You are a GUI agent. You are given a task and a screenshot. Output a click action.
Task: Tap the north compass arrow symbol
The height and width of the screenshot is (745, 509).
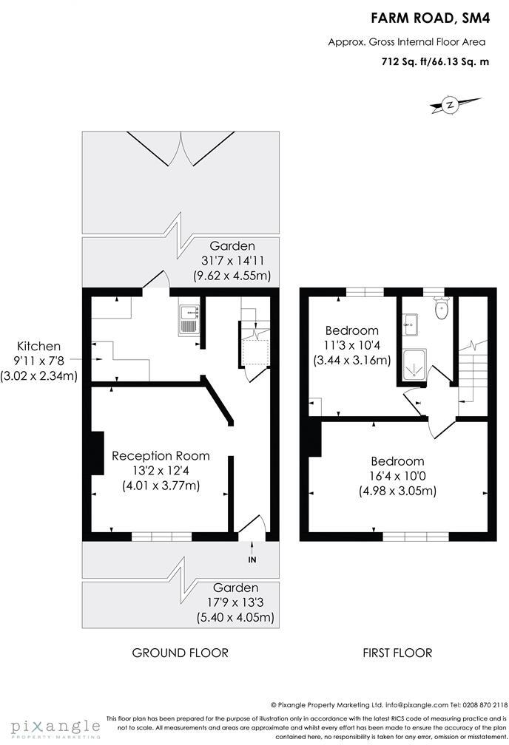(448, 106)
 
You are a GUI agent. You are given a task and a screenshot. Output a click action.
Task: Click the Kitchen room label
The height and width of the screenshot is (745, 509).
(40, 346)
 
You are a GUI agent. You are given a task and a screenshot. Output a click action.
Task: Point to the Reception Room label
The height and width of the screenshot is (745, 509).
(161, 455)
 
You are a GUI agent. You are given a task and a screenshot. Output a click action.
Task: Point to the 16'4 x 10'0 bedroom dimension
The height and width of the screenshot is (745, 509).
(397, 476)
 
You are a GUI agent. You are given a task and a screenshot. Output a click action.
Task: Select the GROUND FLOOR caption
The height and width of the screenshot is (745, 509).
(180, 653)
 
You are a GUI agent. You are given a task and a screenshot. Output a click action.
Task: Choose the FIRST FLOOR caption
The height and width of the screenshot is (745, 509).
(397, 653)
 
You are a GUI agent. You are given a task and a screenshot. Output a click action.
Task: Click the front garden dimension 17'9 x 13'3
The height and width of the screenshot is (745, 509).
(232, 603)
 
